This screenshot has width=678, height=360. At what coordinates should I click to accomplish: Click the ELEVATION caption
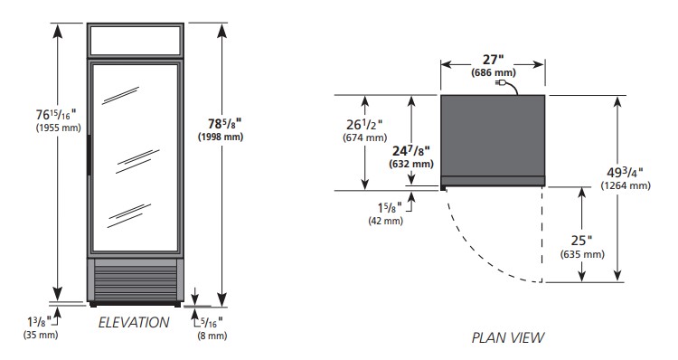click(x=134, y=322)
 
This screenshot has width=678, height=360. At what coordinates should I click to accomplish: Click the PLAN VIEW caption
click(x=508, y=337)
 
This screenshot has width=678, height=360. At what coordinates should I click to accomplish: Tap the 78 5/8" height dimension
click(x=225, y=124)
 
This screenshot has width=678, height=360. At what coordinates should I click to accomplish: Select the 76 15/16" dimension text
click(x=56, y=115)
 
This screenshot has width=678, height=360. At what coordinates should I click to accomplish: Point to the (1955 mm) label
click(x=59, y=128)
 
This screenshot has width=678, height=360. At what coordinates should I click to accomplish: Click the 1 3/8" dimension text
click(x=39, y=322)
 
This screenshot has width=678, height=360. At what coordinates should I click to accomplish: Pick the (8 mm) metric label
click(x=212, y=336)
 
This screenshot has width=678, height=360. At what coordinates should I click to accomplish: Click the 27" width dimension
click(x=494, y=60)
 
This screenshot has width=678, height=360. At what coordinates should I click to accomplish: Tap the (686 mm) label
click(x=494, y=72)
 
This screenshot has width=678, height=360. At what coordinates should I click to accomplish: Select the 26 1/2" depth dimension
click(x=364, y=125)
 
